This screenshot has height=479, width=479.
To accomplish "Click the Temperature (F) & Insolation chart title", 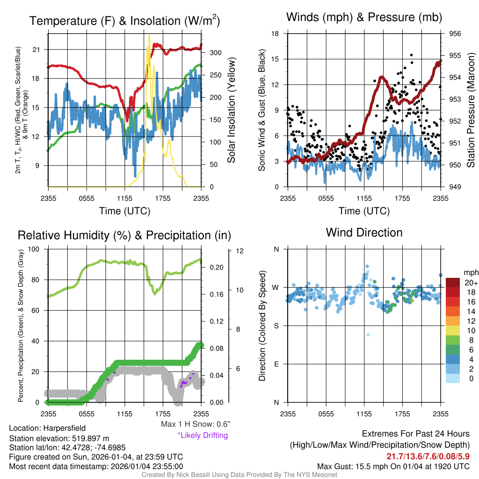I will tap(124, 21).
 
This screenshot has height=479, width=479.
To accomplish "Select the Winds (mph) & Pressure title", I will tap(364, 17).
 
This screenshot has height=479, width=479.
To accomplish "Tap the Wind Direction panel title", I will tap(364, 232).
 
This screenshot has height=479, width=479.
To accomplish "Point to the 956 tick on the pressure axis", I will tap(455, 34).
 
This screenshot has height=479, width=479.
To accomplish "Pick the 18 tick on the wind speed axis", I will tap(275, 34).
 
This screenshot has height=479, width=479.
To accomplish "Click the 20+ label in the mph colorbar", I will tap(471, 283).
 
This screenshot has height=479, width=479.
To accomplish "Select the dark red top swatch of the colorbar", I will tap(454, 283).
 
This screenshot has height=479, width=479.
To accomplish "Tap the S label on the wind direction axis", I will tap(276, 326).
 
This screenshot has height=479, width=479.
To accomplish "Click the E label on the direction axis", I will tap(276, 364).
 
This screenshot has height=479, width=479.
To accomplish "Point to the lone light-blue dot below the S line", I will tap(368, 334).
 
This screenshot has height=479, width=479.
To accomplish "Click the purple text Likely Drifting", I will tap(203, 435).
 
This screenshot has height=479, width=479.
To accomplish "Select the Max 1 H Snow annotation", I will tap(195, 424).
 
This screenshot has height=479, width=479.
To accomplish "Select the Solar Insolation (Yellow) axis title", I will tap(231, 110).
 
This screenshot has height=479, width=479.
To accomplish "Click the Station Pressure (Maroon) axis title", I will tap(471, 110).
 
